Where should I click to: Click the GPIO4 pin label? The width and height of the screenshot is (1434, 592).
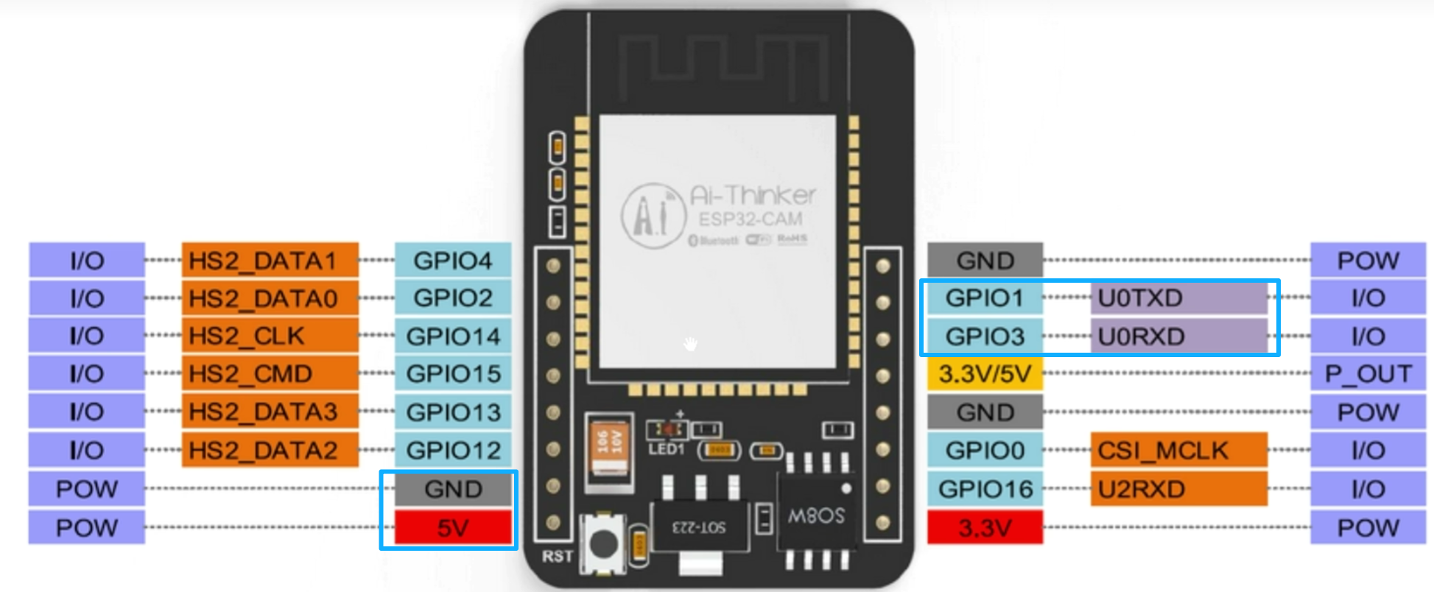click(x=452, y=261)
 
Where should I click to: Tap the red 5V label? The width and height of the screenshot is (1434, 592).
click(x=452, y=528)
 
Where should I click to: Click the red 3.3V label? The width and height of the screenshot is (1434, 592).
click(x=985, y=528)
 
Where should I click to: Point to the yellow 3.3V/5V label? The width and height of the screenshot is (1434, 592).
click(x=985, y=374)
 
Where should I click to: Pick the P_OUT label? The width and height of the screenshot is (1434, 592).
click(x=1368, y=374)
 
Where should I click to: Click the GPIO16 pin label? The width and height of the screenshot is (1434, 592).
click(x=985, y=489)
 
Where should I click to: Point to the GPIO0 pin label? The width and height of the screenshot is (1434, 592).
click(x=985, y=450)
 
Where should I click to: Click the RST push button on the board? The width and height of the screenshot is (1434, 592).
click(x=604, y=543)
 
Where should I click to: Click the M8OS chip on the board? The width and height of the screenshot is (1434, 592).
click(x=816, y=515)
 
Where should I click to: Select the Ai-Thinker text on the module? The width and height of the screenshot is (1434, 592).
click(x=752, y=195)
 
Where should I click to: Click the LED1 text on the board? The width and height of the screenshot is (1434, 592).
click(x=666, y=449)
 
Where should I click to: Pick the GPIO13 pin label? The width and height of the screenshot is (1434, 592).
click(x=452, y=412)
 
